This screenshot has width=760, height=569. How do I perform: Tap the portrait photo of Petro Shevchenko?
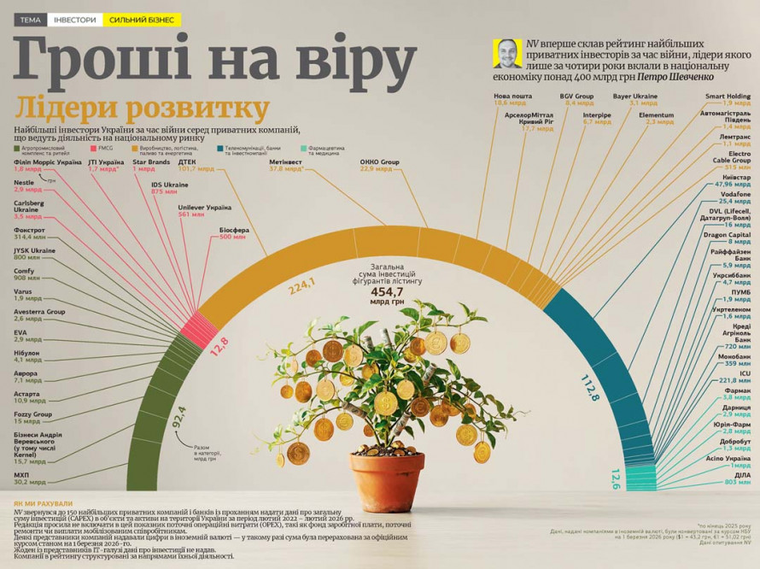507,53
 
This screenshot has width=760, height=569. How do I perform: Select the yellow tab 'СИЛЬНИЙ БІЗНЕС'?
141,19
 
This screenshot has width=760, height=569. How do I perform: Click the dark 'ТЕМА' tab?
29,19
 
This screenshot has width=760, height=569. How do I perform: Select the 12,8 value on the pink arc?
219,347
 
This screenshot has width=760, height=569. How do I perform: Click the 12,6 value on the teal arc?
614,480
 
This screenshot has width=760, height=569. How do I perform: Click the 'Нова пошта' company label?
512,97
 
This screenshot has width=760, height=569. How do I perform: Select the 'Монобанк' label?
735,355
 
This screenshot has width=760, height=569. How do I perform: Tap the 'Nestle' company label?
24,182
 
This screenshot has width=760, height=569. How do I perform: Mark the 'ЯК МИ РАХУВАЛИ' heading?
44,503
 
